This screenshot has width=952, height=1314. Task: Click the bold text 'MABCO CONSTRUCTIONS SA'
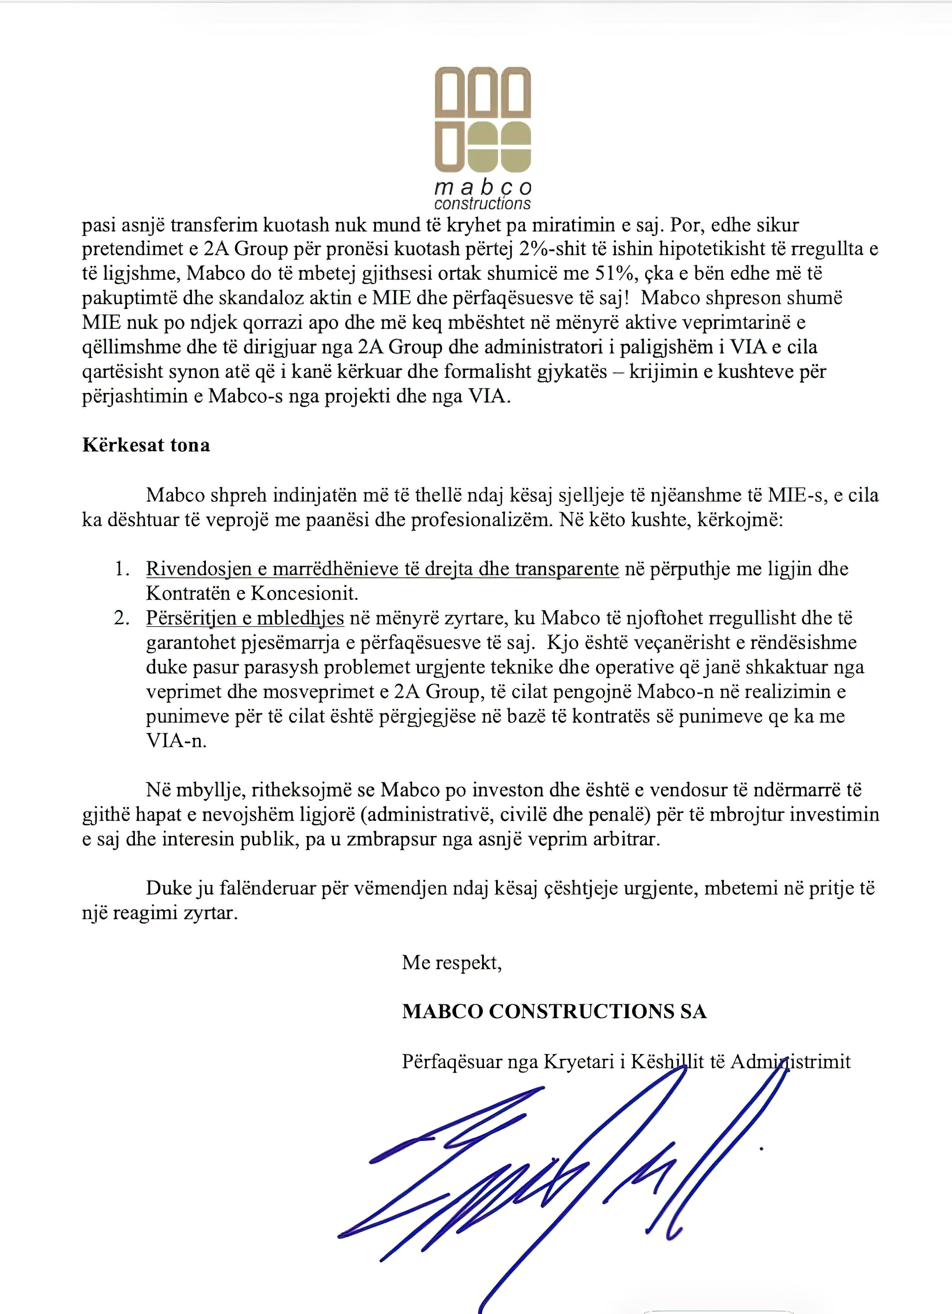554,1012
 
